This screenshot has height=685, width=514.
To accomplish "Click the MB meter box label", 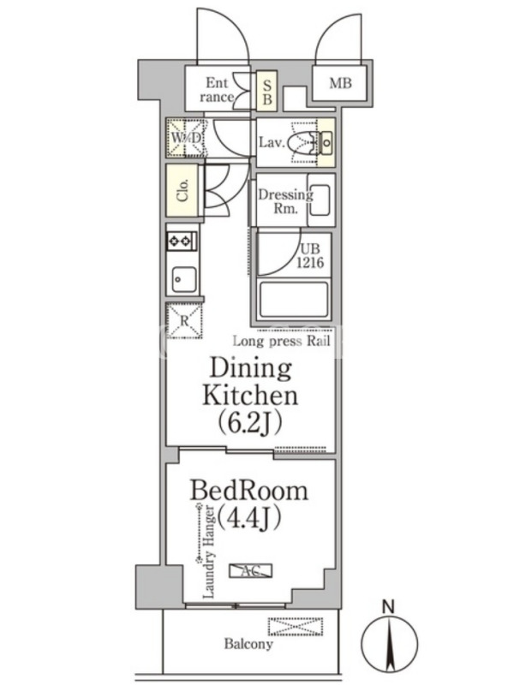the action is click(340, 83).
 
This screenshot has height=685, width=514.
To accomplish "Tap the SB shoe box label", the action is click(266, 92).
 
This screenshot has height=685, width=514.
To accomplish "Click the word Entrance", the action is click(217, 90).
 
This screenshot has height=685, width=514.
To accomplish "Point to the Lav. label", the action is click(272, 142).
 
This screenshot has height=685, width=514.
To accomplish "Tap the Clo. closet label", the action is click(182, 190).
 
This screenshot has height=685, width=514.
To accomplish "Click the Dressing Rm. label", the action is click(285, 200).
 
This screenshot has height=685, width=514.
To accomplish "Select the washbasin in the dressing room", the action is click(320, 200).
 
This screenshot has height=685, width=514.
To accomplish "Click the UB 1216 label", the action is click(310, 256).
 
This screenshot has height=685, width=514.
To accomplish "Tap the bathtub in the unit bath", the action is click(293, 301).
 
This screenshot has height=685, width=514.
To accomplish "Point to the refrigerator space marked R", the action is click(184, 321).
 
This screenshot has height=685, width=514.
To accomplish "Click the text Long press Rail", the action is click(282, 341).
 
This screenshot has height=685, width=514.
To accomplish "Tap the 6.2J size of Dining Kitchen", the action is click(249, 422).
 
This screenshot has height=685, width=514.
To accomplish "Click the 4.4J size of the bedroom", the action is click(249, 518).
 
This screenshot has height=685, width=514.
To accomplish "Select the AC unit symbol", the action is click(251, 570).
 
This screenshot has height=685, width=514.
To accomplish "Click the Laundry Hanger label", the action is click(209, 551).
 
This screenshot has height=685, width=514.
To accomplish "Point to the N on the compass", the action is click(389, 607).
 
